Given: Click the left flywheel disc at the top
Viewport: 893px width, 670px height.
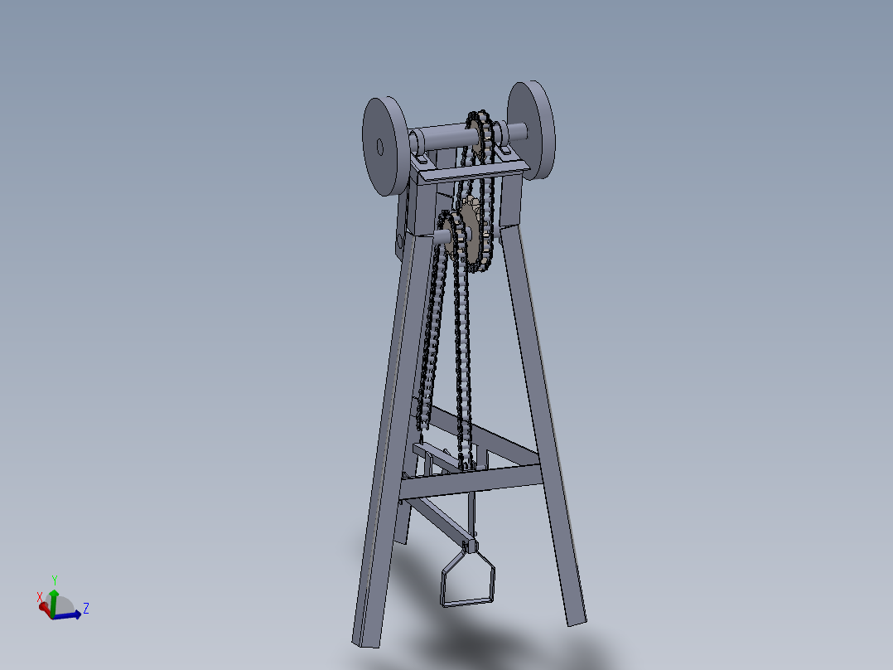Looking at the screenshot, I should [x=383, y=147].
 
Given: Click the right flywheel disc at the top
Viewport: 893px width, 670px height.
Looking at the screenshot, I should [x=531, y=129].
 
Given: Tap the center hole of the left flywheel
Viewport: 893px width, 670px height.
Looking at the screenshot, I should [x=379, y=147].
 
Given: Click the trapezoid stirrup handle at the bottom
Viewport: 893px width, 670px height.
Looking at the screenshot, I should [x=467, y=580].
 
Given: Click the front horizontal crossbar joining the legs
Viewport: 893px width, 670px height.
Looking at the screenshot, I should [x=472, y=480].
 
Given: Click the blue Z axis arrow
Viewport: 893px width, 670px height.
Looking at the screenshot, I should [x=71, y=614].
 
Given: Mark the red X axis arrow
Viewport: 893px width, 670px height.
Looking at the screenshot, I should [x=44, y=607].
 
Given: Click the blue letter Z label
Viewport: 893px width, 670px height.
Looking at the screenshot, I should [x=86, y=609].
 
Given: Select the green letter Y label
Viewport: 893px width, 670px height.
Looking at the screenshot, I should [x=54, y=580].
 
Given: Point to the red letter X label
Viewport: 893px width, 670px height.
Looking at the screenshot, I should [x=39, y=596].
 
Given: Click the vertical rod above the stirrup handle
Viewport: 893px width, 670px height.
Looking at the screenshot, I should [x=471, y=514].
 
